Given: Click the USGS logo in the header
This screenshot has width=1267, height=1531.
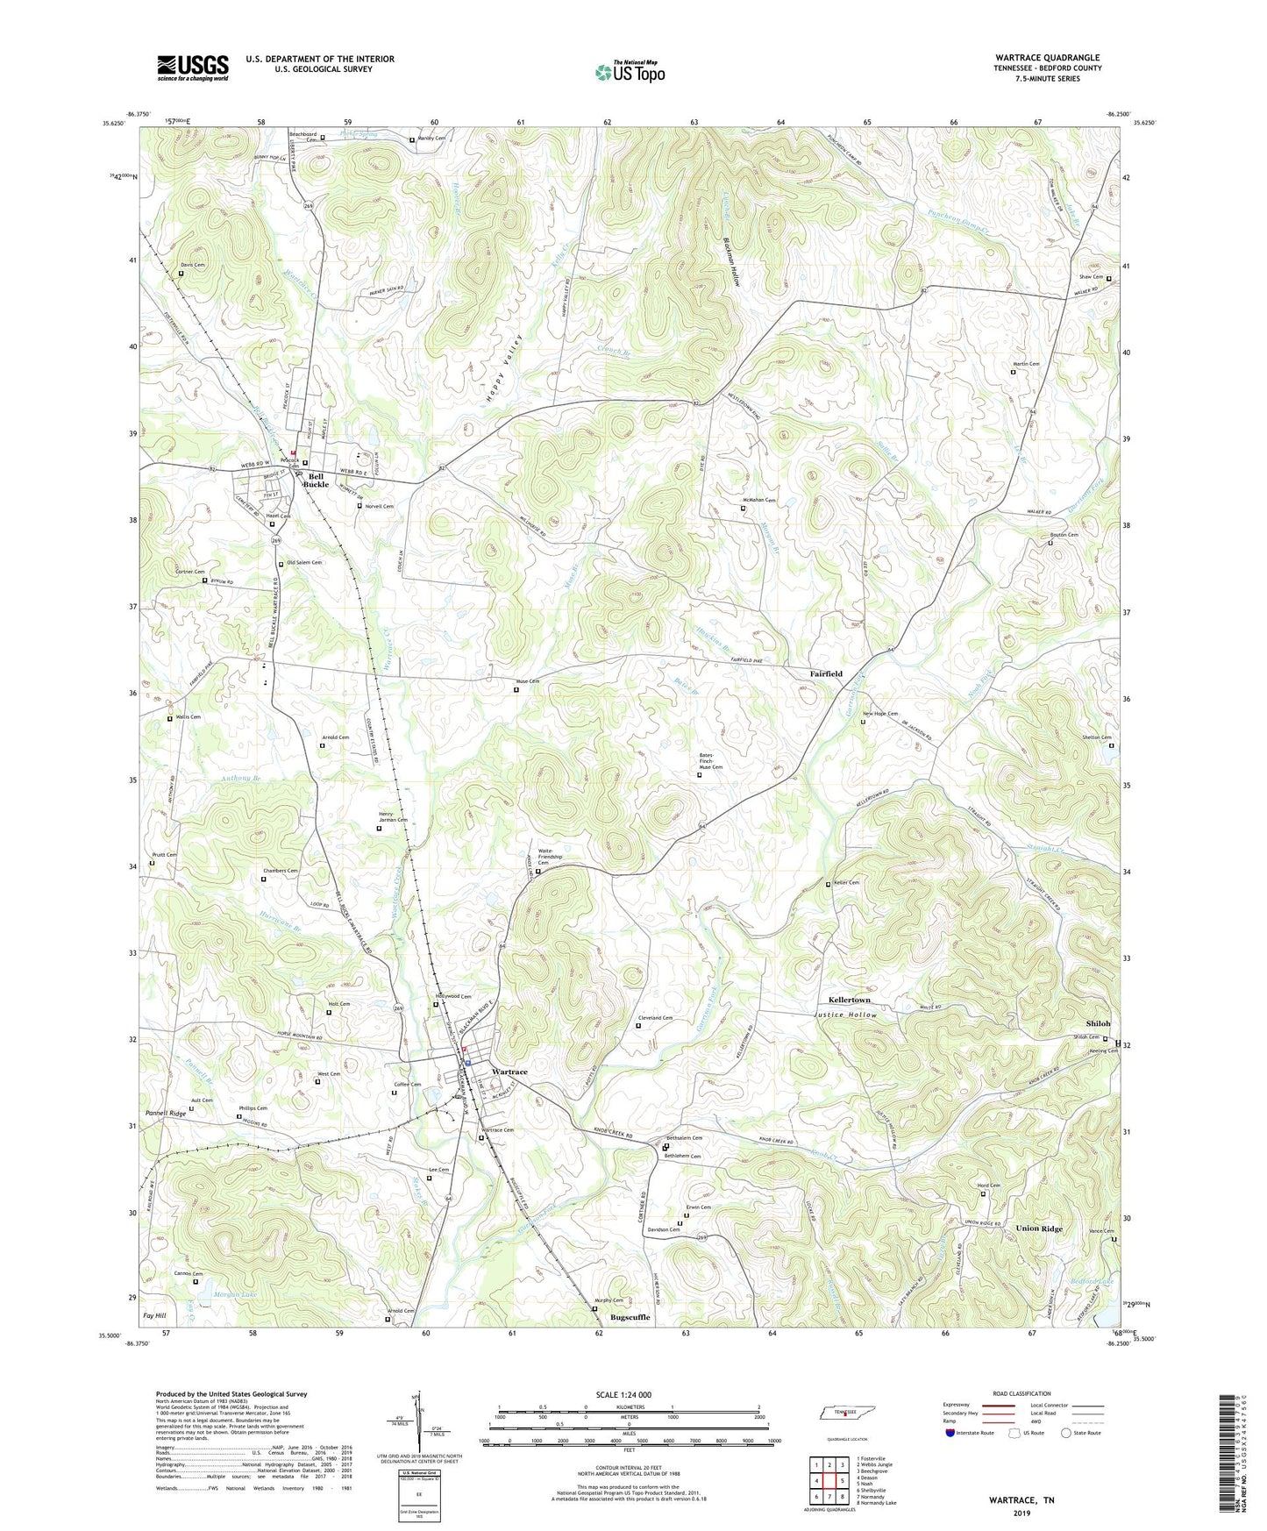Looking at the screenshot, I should coord(193,68).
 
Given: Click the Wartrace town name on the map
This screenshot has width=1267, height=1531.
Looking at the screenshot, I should coord(509,1072).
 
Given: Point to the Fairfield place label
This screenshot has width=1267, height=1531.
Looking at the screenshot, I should coord(825,673).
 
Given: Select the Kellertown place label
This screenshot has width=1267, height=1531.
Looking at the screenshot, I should coord(849,1000).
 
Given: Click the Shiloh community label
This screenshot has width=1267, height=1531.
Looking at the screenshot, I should coord(1098,1023).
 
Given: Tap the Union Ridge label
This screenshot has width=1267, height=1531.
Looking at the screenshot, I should coord(1038,1228).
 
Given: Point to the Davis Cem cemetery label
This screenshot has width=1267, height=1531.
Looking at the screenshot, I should coord(193,265).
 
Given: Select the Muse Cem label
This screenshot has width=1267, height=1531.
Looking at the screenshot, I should coord(527,681).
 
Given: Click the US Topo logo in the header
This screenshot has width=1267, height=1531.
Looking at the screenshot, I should coord(629,72).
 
